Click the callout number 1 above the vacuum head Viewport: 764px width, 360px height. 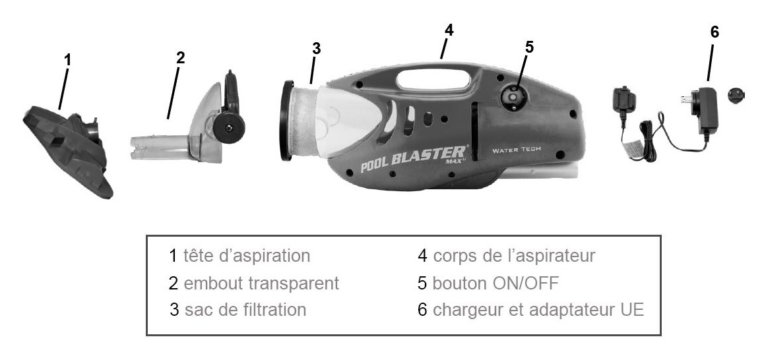[x=67, y=60]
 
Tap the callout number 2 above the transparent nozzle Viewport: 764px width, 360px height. [x=180, y=57]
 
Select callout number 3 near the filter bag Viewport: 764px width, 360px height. [x=317, y=48]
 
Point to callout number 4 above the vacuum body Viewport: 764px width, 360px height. [x=449, y=30]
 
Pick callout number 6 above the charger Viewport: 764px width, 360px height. [x=715, y=32]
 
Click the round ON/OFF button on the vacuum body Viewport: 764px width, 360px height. [x=511, y=98]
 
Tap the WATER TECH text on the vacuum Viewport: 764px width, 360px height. [x=517, y=150]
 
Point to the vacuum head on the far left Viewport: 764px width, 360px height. [x=68, y=150]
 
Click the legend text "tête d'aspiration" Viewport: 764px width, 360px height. [x=247, y=256]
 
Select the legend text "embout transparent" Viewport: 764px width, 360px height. [x=261, y=284]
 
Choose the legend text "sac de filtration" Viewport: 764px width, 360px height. [x=245, y=310]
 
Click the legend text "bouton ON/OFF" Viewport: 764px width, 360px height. [x=495, y=284]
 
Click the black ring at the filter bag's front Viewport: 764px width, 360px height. [x=288, y=121]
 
